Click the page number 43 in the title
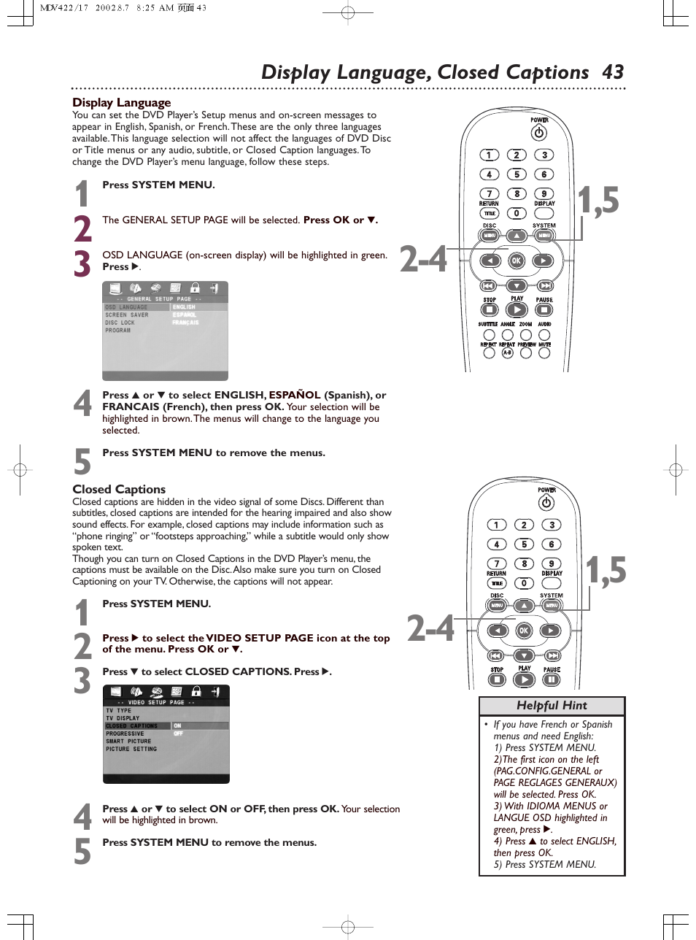[613, 72]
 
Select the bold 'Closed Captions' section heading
[119, 489]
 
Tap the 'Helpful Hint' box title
[552, 706]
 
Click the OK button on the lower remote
[523, 631]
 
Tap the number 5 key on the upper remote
[517, 174]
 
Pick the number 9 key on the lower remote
[552, 563]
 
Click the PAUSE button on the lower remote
[552, 679]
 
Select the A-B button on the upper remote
[508, 352]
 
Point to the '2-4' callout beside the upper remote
[423, 259]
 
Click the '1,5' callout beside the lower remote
[606, 570]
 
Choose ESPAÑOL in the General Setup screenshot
[184, 315]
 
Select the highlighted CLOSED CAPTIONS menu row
[132, 725]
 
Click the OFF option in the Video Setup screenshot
[178, 733]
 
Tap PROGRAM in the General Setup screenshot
[117, 331]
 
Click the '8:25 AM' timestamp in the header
[155, 8]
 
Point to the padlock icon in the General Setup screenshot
[195, 288]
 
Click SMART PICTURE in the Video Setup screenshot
[128, 741]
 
